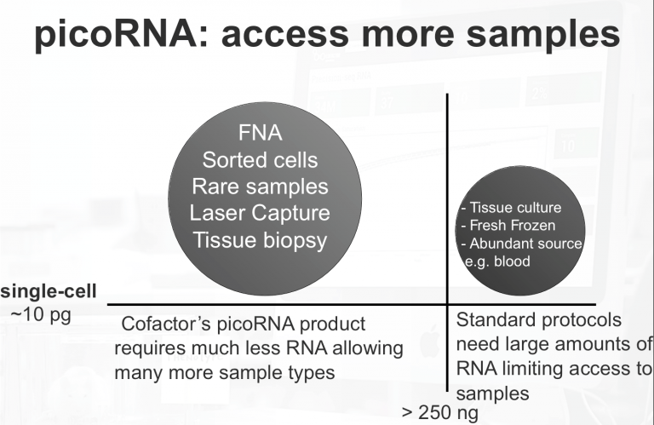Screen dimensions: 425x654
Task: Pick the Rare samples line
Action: click(x=260, y=187)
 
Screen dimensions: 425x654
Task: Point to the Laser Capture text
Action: click(x=260, y=212)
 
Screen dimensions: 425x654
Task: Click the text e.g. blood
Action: click(x=497, y=261)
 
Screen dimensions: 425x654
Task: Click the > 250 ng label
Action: click(x=439, y=412)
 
